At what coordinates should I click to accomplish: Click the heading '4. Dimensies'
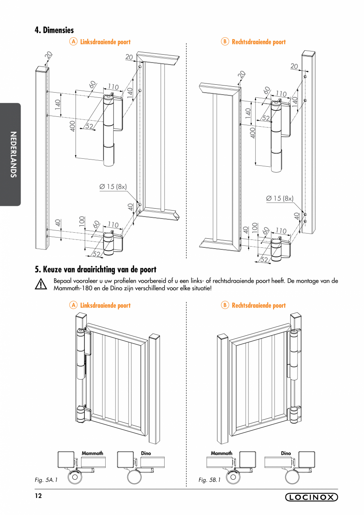point(54,30)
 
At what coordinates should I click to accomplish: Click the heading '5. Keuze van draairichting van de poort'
point(95,270)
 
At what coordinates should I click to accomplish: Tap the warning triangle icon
point(41,285)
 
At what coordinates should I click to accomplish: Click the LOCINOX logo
point(311,498)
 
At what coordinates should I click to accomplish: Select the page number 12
point(38,496)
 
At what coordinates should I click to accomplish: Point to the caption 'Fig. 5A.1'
point(46,480)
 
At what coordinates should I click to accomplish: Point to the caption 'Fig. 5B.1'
point(209,480)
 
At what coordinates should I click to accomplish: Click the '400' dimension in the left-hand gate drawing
point(72,126)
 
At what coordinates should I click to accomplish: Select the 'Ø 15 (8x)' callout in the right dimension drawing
point(280,198)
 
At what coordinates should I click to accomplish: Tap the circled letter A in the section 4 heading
point(73,42)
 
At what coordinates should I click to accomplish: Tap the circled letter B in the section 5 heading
point(225,305)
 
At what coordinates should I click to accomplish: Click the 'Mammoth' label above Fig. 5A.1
point(92,453)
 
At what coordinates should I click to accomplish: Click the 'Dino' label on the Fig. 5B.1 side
point(286,453)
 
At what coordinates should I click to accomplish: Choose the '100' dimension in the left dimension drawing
point(82,221)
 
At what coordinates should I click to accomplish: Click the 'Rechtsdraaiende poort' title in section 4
point(258,42)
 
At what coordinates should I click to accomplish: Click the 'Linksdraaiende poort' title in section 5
point(105,305)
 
